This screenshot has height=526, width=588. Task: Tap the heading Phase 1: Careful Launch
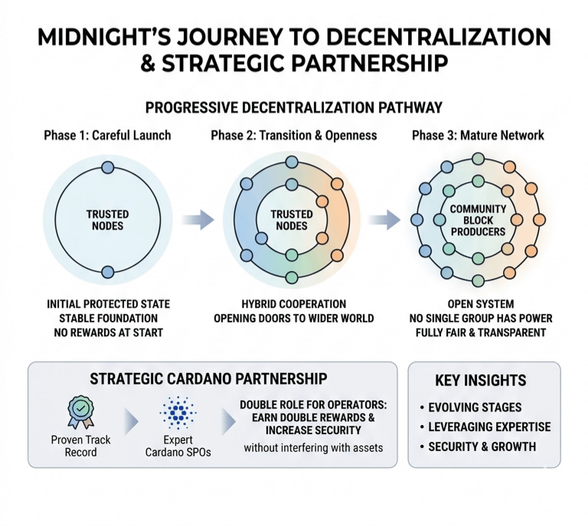coord(107,136)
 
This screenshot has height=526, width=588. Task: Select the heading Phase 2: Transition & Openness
coord(294,136)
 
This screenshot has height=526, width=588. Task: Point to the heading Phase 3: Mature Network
coord(478,136)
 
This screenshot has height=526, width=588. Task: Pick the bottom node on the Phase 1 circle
coord(108,272)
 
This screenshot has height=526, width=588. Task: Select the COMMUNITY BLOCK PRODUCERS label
coord(478,221)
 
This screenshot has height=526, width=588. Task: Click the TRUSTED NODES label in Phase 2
coord(292,220)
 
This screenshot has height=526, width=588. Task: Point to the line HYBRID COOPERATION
coord(294,304)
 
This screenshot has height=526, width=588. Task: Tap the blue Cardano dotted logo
coord(178,413)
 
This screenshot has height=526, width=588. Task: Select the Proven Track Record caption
coord(80,446)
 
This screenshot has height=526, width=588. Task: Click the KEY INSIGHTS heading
coord(480,381)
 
